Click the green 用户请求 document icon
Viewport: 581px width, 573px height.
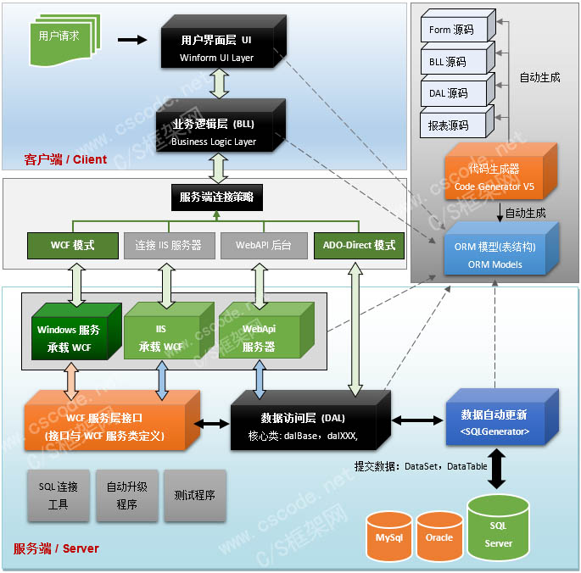pyautogui.click(x=62, y=38)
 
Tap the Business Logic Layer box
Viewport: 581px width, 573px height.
pyautogui.click(x=216, y=131)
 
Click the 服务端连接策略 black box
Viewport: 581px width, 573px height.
pyautogui.click(x=216, y=197)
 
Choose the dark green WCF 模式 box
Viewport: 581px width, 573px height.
pyautogui.click(x=72, y=245)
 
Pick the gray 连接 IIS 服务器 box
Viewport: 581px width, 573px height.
pyautogui.click(x=168, y=245)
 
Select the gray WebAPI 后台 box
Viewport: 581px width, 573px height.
pyautogui.click(x=263, y=245)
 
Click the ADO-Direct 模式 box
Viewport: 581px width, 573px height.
pyautogui.click(x=359, y=245)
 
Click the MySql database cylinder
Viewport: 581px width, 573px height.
pyautogui.click(x=388, y=537)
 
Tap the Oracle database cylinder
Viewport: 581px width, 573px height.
pyautogui.click(x=439, y=537)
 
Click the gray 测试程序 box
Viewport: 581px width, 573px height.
pyautogui.click(x=194, y=496)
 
